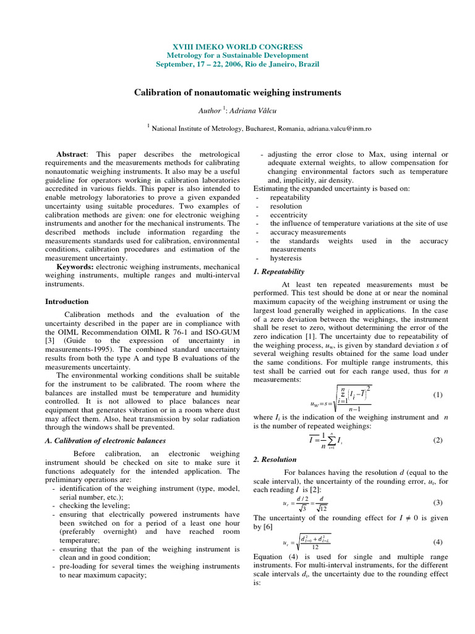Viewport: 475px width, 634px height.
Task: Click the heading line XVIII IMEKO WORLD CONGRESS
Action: coord(237,47)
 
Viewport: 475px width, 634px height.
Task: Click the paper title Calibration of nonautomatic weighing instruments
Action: coord(237,92)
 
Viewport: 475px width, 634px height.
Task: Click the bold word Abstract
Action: coord(72,154)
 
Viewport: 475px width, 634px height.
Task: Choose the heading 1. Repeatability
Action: coord(279,271)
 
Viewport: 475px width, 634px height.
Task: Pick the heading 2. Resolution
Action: coord(275,459)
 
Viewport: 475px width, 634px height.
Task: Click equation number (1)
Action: coord(437,394)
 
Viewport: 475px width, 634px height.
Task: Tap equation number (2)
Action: coord(437,440)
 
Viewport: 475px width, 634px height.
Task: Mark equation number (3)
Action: coord(437,503)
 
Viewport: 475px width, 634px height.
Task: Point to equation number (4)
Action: coord(437,542)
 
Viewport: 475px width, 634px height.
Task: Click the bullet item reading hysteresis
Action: coord(286,258)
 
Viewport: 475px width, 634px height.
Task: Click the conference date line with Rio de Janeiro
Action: coord(237,64)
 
